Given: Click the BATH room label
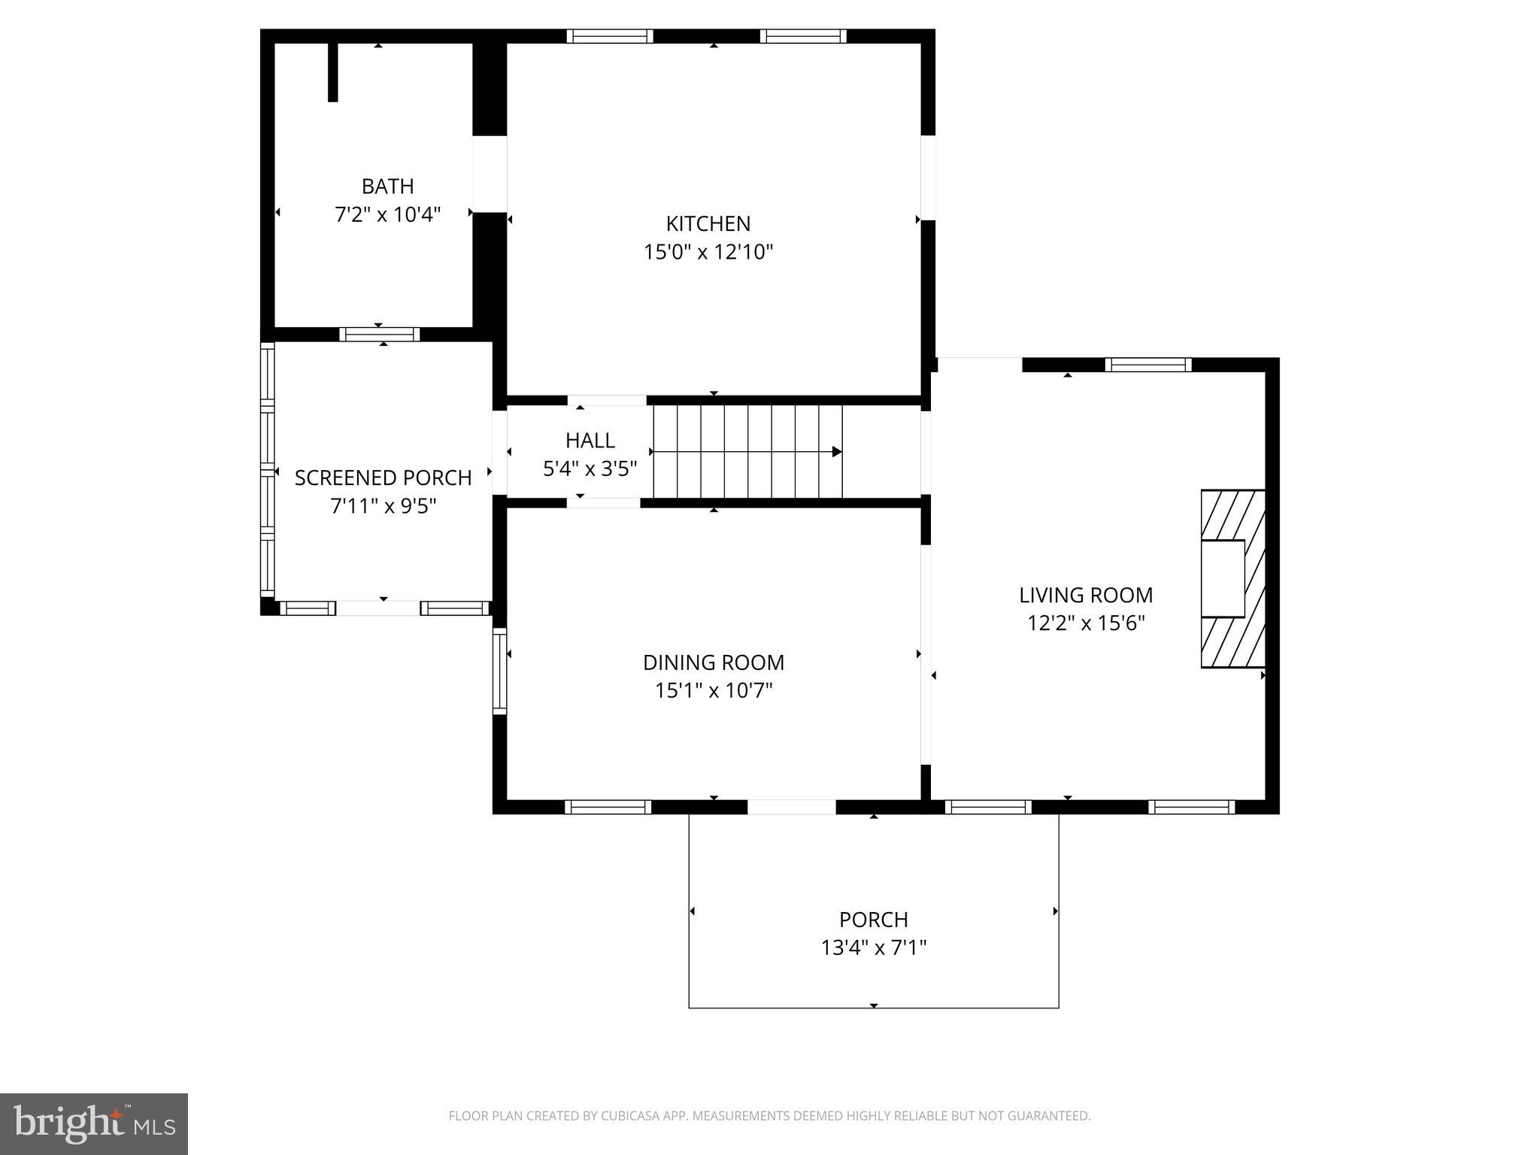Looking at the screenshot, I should click(x=387, y=186).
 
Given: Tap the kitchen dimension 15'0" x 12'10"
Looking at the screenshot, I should click(x=708, y=252).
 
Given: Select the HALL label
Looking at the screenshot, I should click(x=590, y=440).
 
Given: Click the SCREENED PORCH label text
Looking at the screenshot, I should click(x=383, y=478).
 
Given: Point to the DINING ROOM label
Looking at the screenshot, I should click(x=713, y=662).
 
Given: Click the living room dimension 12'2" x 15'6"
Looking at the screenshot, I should click(x=1085, y=623).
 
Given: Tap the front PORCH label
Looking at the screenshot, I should click(x=873, y=920).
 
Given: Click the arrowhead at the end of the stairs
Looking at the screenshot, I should click(x=836, y=452).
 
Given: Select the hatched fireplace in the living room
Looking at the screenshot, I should click(x=1232, y=578).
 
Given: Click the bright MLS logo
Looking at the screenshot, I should click(x=93, y=1124).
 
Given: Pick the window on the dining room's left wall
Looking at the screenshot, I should click(x=500, y=671).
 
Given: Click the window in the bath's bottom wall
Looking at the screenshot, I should click(x=379, y=334).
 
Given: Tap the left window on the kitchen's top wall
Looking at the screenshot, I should click(x=609, y=36).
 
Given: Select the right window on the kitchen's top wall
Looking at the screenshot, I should click(x=802, y=36).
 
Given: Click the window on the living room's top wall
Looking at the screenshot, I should click(x=1147, y=365).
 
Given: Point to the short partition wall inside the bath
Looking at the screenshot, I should click(x=333, y=72).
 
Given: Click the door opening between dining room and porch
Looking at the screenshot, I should click(x=791, y=807).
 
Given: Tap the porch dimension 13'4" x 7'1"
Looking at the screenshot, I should click(x=873, y=948).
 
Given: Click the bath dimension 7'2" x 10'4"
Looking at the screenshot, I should click(x=387, y=215).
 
